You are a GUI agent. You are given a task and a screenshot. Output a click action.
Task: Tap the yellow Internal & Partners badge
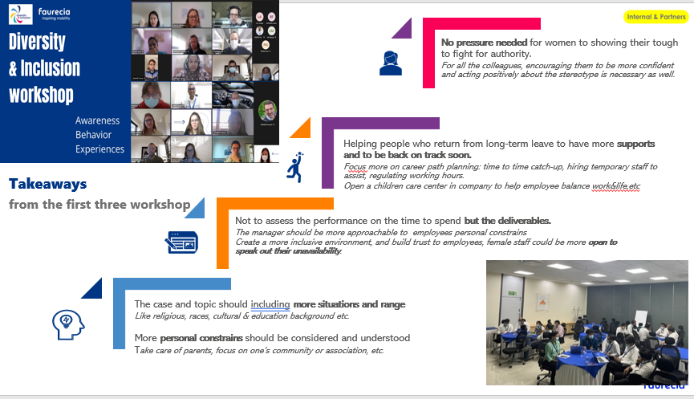coord(651,16)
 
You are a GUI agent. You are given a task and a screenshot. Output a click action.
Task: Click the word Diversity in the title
coord(37,42)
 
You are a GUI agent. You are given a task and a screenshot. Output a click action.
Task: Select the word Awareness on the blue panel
coord(97,120)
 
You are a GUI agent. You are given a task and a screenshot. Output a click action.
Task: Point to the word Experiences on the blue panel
coord(100,149)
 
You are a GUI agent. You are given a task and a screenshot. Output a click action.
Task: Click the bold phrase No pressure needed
coord(483,42)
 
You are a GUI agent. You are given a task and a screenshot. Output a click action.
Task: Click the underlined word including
coord(270,304)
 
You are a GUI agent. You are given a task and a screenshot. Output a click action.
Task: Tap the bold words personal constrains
coord(200,338)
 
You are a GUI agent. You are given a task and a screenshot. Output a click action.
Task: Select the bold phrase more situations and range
coord(349,304)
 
